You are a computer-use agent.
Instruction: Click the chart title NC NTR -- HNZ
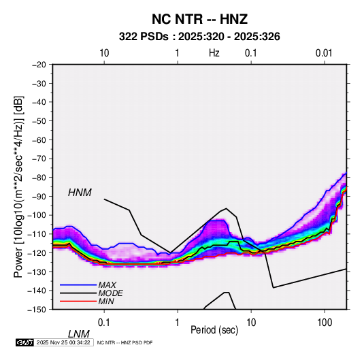click(x=199, y=19)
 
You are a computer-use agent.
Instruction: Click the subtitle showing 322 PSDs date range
click(x=199, y=37)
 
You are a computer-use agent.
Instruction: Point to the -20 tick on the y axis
click(x=39, y=65)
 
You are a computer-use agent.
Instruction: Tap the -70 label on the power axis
click(x=39, y=159)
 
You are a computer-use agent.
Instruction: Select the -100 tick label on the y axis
click(x=37, y=215)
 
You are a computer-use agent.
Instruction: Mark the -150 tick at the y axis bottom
click(x=37, y=310)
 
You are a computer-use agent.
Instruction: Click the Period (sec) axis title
click(x=214, y=330)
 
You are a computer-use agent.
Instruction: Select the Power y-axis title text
click(x=18, y=186)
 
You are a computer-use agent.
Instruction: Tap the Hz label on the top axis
click(x=214, y=53)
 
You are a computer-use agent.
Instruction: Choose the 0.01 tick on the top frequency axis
click(x=324, y=53)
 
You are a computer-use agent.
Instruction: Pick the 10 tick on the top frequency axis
click(x=104, y=53)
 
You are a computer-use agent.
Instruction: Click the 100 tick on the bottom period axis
click(x=325, y=323)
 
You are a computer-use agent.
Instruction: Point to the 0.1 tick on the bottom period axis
click(x=104, y=323)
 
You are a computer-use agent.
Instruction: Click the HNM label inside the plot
click(x=80, y=193)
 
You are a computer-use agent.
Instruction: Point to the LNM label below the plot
click(x=78, y=334)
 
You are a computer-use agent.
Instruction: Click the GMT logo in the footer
click(x=24, y=342)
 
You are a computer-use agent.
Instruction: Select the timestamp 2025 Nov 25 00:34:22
click(x=63, y=342)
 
